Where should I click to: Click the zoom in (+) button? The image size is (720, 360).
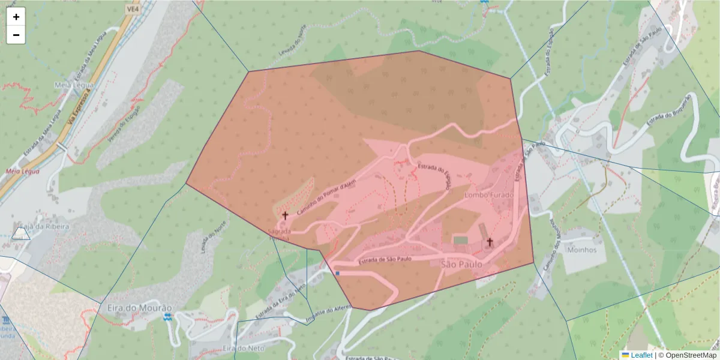(16, 17)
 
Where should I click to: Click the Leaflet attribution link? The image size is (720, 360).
(641, 355)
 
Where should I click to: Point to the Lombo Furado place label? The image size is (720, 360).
(490, 195)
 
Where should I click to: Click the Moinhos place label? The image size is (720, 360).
(581, 250)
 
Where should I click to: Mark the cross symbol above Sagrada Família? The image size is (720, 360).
(285, 215)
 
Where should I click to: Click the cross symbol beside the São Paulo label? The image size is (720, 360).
(490, 242)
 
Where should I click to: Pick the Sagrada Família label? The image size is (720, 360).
(280, 235)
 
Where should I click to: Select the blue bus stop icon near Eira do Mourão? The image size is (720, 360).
(167, 316)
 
